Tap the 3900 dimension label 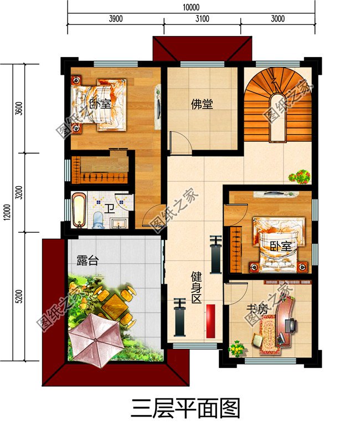tap(115, 18)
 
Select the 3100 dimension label tap(202, 18)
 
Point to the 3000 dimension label tap(277, 18)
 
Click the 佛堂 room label tap(202, 104)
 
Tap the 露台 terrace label tap(87, 260)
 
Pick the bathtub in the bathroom tap(79, 209)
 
